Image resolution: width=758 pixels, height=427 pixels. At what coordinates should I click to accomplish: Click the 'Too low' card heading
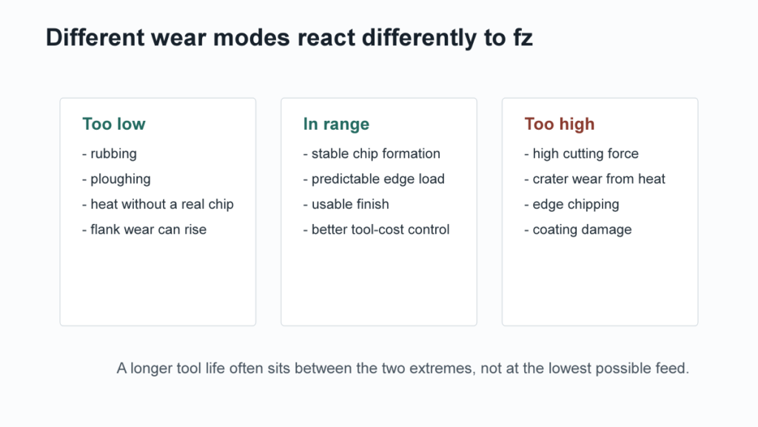(x=113, y=124)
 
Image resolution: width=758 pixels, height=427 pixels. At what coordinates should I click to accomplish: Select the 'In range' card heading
(x=336, y=125)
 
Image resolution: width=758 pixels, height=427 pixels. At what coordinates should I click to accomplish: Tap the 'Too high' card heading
(x=560, y=125)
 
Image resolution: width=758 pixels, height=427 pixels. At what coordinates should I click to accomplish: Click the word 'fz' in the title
(x=523, y=38)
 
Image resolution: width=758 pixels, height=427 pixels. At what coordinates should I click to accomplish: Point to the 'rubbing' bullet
(x=110, y=154)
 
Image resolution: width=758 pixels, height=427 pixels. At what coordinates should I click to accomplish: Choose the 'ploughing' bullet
(x=116, y=179)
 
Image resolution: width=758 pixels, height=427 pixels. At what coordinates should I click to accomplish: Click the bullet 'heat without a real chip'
(x=158, y=205)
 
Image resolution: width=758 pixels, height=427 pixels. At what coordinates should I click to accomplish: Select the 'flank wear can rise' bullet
(x=144, y=230)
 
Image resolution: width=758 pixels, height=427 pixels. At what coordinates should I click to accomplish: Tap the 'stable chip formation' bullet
(x=372, y=154)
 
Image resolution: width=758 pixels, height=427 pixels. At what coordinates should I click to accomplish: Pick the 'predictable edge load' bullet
(x=374, y=179)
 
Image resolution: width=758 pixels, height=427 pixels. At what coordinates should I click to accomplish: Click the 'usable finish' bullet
(x=346, y=205)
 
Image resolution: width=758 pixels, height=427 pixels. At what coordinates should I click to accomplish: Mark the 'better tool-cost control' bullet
(x=376, y=230)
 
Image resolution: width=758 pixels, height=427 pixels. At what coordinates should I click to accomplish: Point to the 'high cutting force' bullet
(x=582, y=154)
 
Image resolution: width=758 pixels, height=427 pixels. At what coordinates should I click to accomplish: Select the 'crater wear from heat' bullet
(x=594, y=179)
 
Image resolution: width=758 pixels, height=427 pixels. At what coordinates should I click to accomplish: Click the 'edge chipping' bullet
(x=572, y=205)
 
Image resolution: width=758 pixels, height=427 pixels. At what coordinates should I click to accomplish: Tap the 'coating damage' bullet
(x=578, y=230)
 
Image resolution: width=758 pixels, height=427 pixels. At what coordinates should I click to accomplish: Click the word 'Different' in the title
(x=95, y=38)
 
